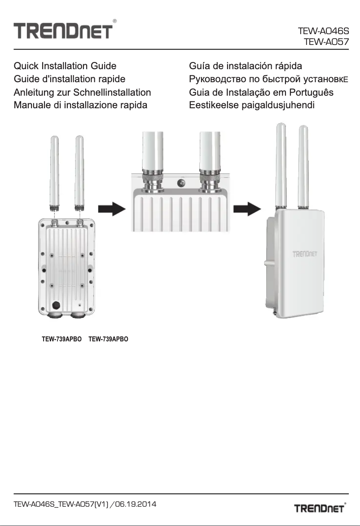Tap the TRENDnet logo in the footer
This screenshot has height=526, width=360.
320,508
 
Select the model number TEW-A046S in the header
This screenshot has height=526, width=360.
323,32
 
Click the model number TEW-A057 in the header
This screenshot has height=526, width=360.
326,43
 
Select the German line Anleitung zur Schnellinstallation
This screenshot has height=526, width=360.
82,93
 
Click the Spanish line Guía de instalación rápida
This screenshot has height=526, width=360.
246,66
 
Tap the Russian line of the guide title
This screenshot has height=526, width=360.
269,80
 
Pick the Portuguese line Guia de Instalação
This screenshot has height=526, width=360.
261,93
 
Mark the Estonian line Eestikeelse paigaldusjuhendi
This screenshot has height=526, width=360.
251,106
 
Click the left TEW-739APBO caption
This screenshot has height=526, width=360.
61,339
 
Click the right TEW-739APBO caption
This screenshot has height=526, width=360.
109,339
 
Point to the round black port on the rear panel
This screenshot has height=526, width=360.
56,305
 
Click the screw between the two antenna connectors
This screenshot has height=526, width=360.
182,182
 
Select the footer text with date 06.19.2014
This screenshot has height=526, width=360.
85,504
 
